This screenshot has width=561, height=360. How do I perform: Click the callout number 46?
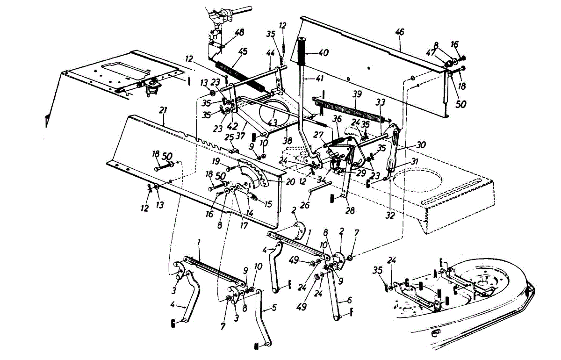click(400, 32)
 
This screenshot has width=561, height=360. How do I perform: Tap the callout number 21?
click(163, 110)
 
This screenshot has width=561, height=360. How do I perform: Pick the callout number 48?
click(239, 33)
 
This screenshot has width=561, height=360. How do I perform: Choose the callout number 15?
click(268, 204)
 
